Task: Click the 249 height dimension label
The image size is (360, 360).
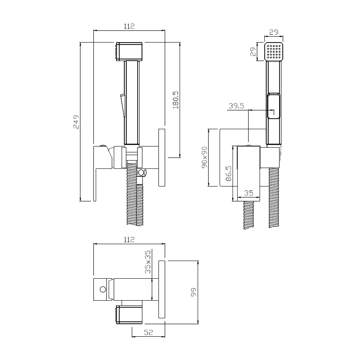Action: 76,122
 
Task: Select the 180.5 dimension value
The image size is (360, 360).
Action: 176,100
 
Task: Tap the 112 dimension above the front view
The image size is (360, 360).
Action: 129,26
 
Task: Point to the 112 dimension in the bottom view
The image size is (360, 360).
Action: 129,240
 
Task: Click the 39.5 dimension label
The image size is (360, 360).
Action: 236,106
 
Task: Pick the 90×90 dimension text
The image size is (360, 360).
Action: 204,157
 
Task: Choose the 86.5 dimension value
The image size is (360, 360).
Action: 229,174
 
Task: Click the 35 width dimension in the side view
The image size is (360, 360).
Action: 249,193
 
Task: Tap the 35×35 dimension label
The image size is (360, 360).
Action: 148,262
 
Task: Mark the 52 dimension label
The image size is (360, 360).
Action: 148,332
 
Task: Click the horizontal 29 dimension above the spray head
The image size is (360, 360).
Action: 274,32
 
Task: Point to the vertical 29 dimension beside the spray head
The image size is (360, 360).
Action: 253,51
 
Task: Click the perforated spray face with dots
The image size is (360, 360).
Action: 274,51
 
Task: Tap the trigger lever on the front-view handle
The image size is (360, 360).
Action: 122,105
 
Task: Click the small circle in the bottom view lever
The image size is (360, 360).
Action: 103,289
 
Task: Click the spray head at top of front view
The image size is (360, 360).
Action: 129,51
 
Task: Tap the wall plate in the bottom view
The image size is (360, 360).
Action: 162,289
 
